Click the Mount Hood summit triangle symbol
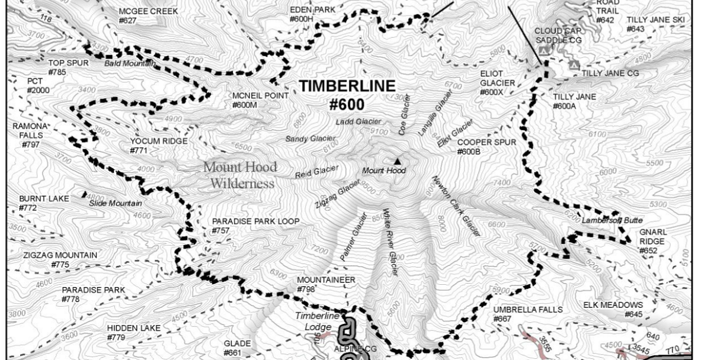397,161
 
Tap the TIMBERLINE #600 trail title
346,95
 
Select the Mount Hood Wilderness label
240,175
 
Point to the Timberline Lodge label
318,321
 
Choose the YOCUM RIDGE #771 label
158,146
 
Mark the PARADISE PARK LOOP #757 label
255,226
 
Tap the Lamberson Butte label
612,220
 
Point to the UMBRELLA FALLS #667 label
518,314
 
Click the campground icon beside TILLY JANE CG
573,65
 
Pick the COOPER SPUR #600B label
486,147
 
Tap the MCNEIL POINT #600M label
260,100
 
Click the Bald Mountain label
130,63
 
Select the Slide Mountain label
116,203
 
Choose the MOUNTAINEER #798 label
326,284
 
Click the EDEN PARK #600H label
312,14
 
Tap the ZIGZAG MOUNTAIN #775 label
60,260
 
